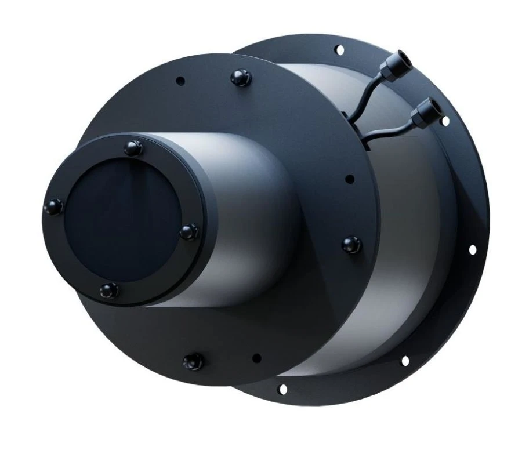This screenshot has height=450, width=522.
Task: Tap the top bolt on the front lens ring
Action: [x=133, y=147]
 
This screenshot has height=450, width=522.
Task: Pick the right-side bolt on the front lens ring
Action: [x=189, y=232]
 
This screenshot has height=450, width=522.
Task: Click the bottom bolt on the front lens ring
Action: [x=108, y=289]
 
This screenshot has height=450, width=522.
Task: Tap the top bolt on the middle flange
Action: [x=238, y=77]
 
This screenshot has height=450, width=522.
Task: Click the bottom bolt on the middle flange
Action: [x=192, y=362]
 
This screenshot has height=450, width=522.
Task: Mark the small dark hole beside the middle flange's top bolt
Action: [x=180, y=81]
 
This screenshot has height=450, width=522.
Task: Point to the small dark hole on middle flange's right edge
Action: [x=349, y=179]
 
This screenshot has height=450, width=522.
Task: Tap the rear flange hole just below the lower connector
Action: [x=445, y=121]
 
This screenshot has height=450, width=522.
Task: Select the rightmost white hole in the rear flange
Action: [x=472, y=250]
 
